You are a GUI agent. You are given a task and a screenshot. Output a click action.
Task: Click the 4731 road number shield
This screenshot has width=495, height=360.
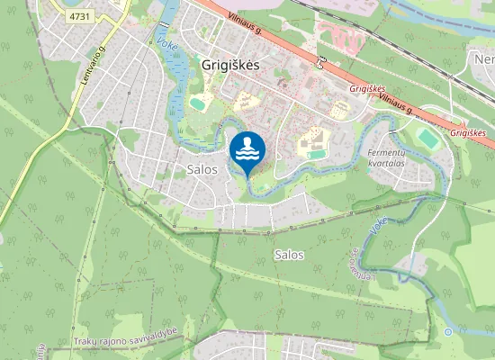[80, 16]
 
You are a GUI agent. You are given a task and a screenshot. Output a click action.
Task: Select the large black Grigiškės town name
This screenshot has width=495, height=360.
[230, 66]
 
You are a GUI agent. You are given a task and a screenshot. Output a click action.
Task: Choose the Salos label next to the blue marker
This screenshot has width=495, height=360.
[202, 169]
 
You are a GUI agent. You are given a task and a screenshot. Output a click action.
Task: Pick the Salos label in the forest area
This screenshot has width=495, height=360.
[288, 255]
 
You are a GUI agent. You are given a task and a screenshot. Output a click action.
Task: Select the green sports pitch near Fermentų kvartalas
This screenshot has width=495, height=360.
[427, 139]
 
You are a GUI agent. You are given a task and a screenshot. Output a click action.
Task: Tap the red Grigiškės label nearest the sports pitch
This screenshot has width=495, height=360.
[468, 132]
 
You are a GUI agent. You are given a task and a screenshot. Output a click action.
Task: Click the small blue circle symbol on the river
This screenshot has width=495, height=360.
[448, 332]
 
